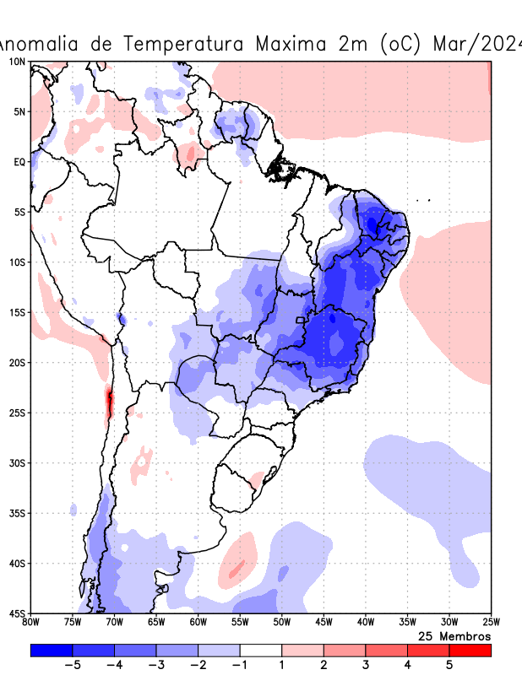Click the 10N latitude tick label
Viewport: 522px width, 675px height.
point(17,62)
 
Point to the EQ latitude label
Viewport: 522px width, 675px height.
point(19,161)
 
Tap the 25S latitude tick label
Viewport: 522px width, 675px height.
point(17,413)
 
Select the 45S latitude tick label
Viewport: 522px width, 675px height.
point(17,613)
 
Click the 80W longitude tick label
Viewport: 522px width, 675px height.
point(30,623)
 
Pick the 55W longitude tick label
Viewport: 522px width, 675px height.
point(240,623)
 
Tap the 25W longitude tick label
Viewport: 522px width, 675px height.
point(491,623)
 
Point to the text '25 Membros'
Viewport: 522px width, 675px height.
point(454,635)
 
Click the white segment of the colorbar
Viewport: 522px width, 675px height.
point(261,651)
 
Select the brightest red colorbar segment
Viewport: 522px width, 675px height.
point(470,651)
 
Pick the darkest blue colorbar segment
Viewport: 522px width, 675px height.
point(52,651)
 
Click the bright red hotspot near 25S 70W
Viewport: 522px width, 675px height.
point(109,402)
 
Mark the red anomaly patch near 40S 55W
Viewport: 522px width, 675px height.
point(238,563)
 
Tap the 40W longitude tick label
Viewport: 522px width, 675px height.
point(365,623)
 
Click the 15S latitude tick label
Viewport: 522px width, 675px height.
point(17,312)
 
